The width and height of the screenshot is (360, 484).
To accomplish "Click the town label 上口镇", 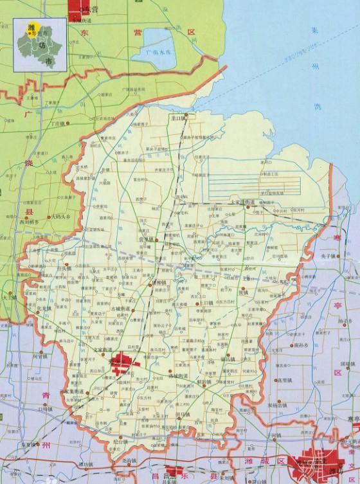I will coord(206,302).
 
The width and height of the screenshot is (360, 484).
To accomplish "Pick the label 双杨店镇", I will coord(278,405).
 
